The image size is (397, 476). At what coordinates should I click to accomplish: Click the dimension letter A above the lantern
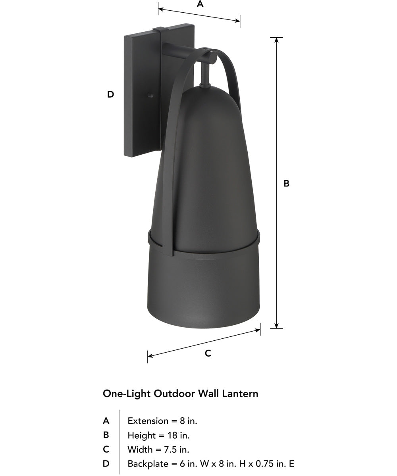tap(200, 4)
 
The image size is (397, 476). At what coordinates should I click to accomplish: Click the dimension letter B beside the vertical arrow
tap(287, 183)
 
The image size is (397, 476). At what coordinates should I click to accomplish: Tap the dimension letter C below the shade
tap(208, 353)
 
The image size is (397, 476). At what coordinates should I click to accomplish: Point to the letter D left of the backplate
tap(111, 94)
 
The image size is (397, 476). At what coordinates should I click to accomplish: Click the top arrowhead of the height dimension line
tap(277, 40)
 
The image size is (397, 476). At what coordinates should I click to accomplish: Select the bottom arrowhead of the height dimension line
tap(277, 326)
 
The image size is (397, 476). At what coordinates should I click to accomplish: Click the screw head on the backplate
tap(150, 95)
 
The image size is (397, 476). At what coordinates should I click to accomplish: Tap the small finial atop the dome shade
tap(205, 86)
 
